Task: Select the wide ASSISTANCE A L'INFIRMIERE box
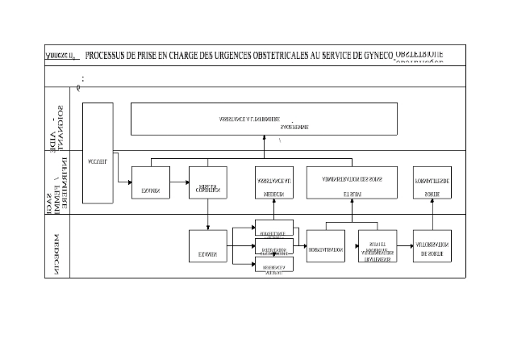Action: [x=264, y=119]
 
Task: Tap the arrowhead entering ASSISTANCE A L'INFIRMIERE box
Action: [x=264, y=138]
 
